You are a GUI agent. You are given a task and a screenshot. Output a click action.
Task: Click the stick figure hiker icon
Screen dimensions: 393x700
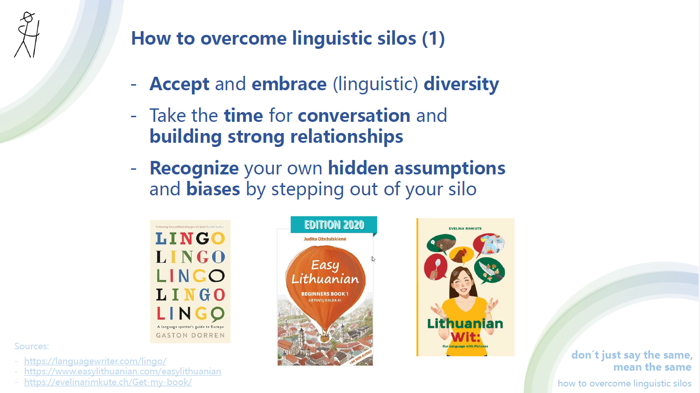pyautogui.click(x=27, y=35)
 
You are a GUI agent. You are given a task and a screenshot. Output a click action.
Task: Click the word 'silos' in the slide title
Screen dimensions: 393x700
pyautogui.click(x=393, y=38)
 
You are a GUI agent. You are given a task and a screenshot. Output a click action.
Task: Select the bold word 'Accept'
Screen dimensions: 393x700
pyautogui.click(x=179, y=84)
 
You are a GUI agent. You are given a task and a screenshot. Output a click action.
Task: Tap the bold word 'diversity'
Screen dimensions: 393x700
pyautogui.click(x=461, y=84)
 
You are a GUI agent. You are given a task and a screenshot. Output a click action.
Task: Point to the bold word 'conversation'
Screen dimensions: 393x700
pyautogui.click(x=354, y=116)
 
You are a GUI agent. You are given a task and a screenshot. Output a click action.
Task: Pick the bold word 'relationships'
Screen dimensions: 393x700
pyautogui.click(x=346, y=137)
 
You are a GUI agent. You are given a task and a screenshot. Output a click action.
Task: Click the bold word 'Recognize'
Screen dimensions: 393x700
pyautogui.click(x=194, y=168)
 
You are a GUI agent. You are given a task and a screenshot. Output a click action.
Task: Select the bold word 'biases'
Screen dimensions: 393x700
pyautogui.click(x=213, y=189)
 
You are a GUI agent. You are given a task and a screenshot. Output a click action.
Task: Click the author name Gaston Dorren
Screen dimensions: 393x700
pyautogui.click(x=190, y=335)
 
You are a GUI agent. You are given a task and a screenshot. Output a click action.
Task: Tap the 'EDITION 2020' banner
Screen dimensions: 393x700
pyautogui.click(x=334, y=225)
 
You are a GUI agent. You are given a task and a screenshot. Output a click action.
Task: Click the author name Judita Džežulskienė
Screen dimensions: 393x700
pyautogui.click(x=325, y=239)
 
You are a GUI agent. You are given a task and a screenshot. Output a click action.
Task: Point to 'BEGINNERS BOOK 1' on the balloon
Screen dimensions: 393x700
pyautogui.click(x=324, y=294)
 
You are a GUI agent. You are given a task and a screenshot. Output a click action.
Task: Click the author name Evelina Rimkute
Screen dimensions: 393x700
pyautogui.click(x=465, y=228)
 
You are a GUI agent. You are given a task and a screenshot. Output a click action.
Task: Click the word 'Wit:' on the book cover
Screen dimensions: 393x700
pyautogui.click(x=465, y=337)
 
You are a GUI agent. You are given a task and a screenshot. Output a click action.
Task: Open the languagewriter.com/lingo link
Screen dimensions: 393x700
pyautogui.click(x=95, y=361)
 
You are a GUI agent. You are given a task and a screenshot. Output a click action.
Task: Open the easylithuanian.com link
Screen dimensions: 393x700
pyautogui.click(x=123, y=371)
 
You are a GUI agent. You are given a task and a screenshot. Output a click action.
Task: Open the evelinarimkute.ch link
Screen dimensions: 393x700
pyautogui.click(x=108, y=382)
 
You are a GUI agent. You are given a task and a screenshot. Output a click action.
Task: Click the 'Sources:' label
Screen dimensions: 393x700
pyautogui.click(x=32, y=346)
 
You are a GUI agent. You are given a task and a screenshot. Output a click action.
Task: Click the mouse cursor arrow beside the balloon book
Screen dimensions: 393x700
pyautogui.click(x=373, y=259)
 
